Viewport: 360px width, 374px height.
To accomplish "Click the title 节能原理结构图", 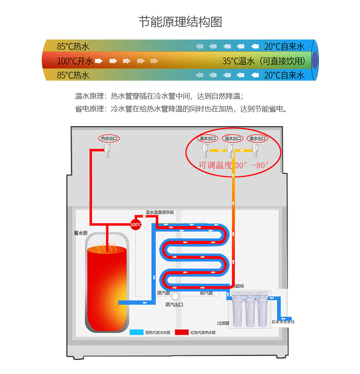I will coord(180,22).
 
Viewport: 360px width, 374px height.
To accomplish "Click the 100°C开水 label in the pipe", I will coord(75,61).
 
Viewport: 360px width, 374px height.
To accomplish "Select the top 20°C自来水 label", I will coord(284,46).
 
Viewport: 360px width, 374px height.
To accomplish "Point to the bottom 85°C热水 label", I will coord(73,75).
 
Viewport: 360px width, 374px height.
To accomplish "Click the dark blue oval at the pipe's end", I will coord(315,60).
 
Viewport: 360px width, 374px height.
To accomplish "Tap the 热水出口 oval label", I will coord(109,139).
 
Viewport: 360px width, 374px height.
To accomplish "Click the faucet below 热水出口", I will coord(108,150).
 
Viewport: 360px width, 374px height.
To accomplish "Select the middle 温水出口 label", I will coord(233,139).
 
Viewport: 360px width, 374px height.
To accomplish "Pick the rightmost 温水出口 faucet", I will coord(256,150).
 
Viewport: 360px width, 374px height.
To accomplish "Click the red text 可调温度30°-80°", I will coord(234,165).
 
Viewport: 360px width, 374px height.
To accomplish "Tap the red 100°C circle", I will coord(136,224).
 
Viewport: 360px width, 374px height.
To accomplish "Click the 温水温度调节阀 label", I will coord(160,213).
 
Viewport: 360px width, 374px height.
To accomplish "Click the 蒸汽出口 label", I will coord(174,305).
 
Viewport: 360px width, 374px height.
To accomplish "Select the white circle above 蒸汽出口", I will coord(175,296).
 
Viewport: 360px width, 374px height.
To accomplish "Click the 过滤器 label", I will coord(223,323).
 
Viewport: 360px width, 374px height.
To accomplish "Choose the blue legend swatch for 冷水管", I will coord(136,332).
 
